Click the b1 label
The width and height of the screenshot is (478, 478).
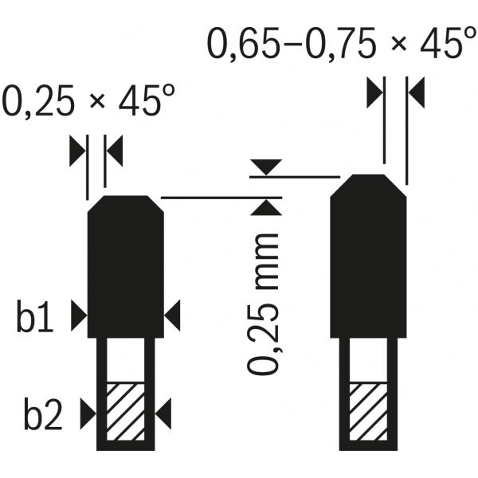[x=35, y=315]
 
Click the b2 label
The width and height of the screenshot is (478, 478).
[x=43, y=413]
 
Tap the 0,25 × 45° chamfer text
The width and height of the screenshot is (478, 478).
[x=88, y=100]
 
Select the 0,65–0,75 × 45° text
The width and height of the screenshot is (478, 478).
[x=342, y=43]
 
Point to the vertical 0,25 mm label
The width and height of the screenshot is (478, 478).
[x=263, y=304]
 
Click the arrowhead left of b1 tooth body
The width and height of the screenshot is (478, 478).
[x=79, y=315]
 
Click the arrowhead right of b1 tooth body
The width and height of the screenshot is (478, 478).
[x=172, y=315]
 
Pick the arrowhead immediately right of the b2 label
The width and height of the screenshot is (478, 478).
[x=88, y=413]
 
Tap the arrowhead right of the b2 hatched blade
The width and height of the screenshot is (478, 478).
[x=163, y=413]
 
